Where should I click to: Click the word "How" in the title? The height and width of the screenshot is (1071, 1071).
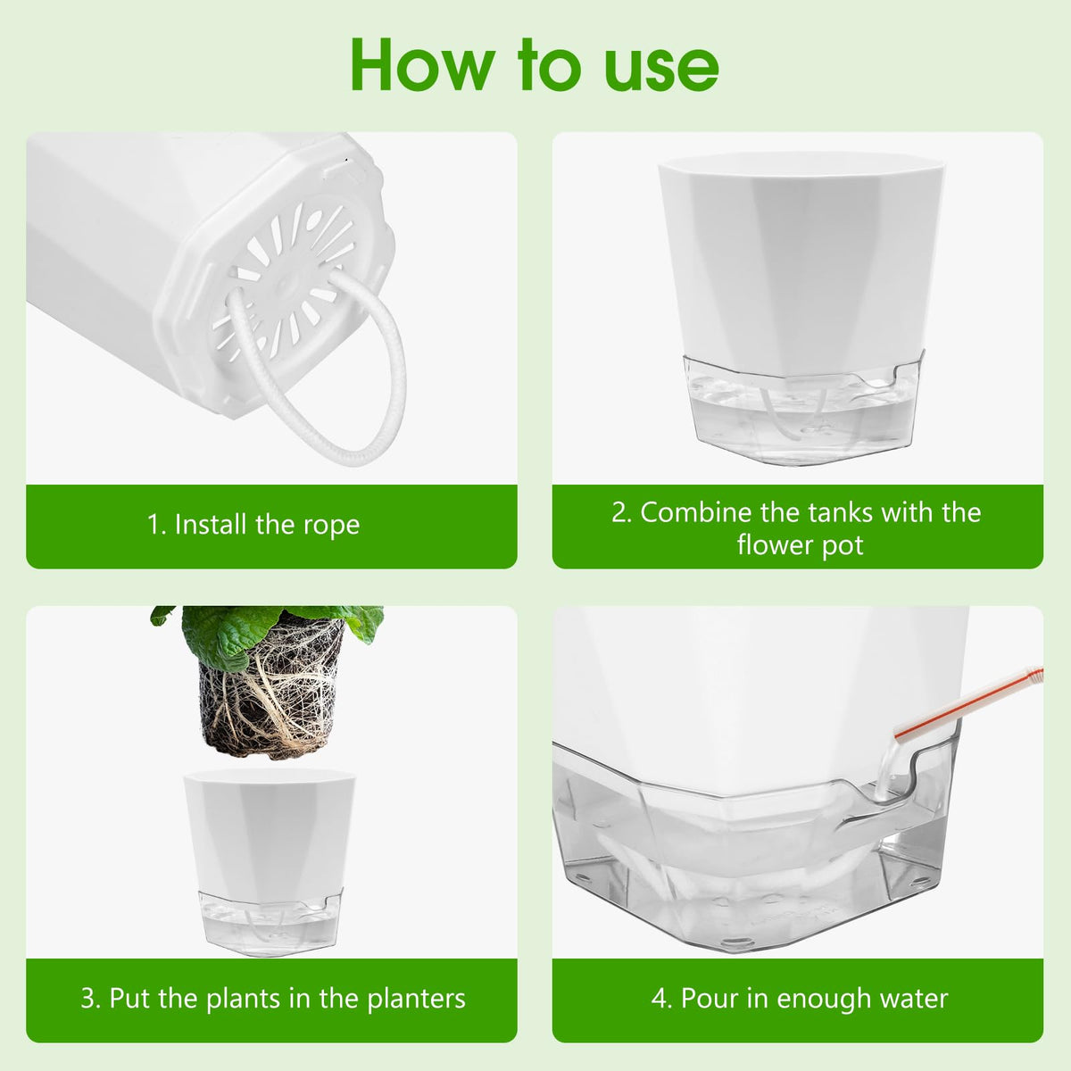422,65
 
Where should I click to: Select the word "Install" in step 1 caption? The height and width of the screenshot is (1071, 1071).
212,524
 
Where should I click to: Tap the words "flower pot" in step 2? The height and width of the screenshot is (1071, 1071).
801,545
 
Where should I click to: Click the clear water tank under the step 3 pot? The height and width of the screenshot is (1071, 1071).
270,921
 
